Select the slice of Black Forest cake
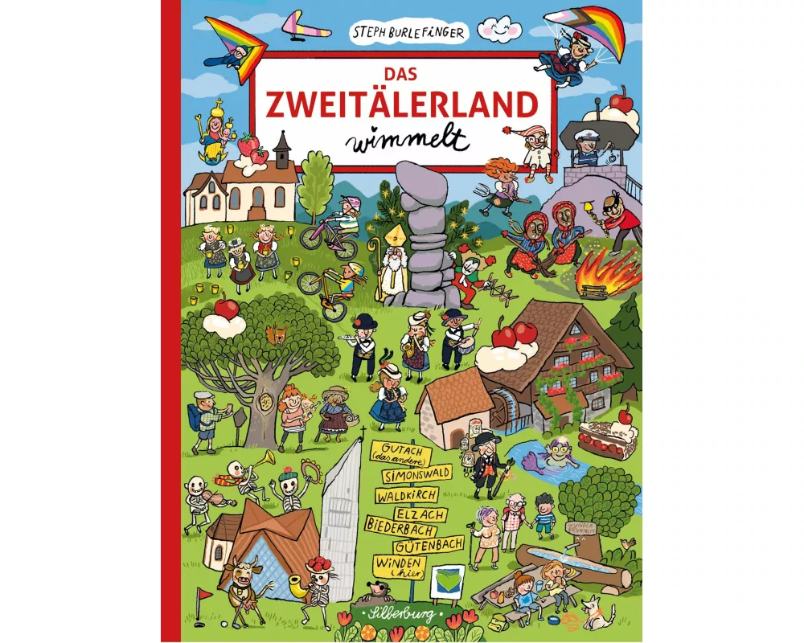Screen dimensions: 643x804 click(x=609, y=438)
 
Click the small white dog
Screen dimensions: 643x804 click(x=597, y=615)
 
